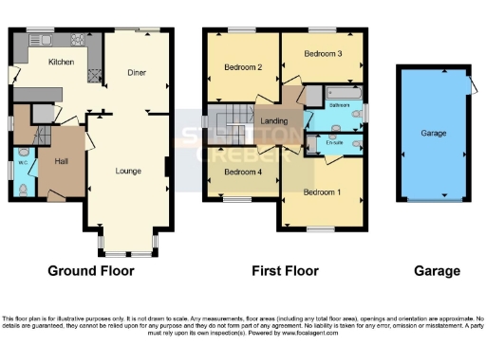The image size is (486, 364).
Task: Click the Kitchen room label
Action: pos(62,62)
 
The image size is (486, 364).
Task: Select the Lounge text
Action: pos(129,171)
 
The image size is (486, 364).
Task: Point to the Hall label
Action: pos(60,160)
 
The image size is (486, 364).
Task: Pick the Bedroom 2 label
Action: pos(242,67)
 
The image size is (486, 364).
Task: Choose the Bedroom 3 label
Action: pos(323,54)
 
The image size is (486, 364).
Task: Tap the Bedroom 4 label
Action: pos(242,172)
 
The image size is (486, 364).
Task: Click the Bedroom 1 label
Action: pos(322,192)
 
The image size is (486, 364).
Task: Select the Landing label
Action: pos(273,120)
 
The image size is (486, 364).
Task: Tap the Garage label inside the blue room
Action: pos(434,134)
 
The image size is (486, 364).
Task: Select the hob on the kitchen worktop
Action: pos(93,64)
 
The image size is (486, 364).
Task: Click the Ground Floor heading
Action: pos(91,271)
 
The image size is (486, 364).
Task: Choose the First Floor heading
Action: pos(285,271)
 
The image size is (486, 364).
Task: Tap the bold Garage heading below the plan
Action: pos(437,271)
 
